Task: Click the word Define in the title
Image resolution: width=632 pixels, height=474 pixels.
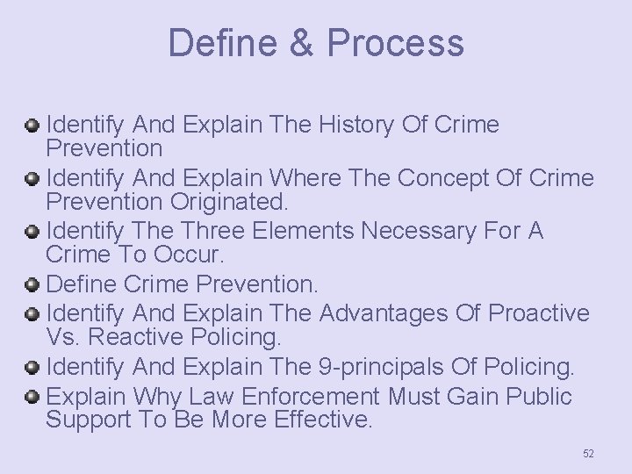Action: click(219, 42)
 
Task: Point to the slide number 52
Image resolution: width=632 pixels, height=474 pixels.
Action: click(588, 453)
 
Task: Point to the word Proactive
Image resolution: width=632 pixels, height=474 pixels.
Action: click(538, 313)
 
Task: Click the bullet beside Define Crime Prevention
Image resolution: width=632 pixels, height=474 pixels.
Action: click(32, 285)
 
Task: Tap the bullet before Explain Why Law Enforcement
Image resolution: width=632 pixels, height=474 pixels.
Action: click(32, 397)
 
